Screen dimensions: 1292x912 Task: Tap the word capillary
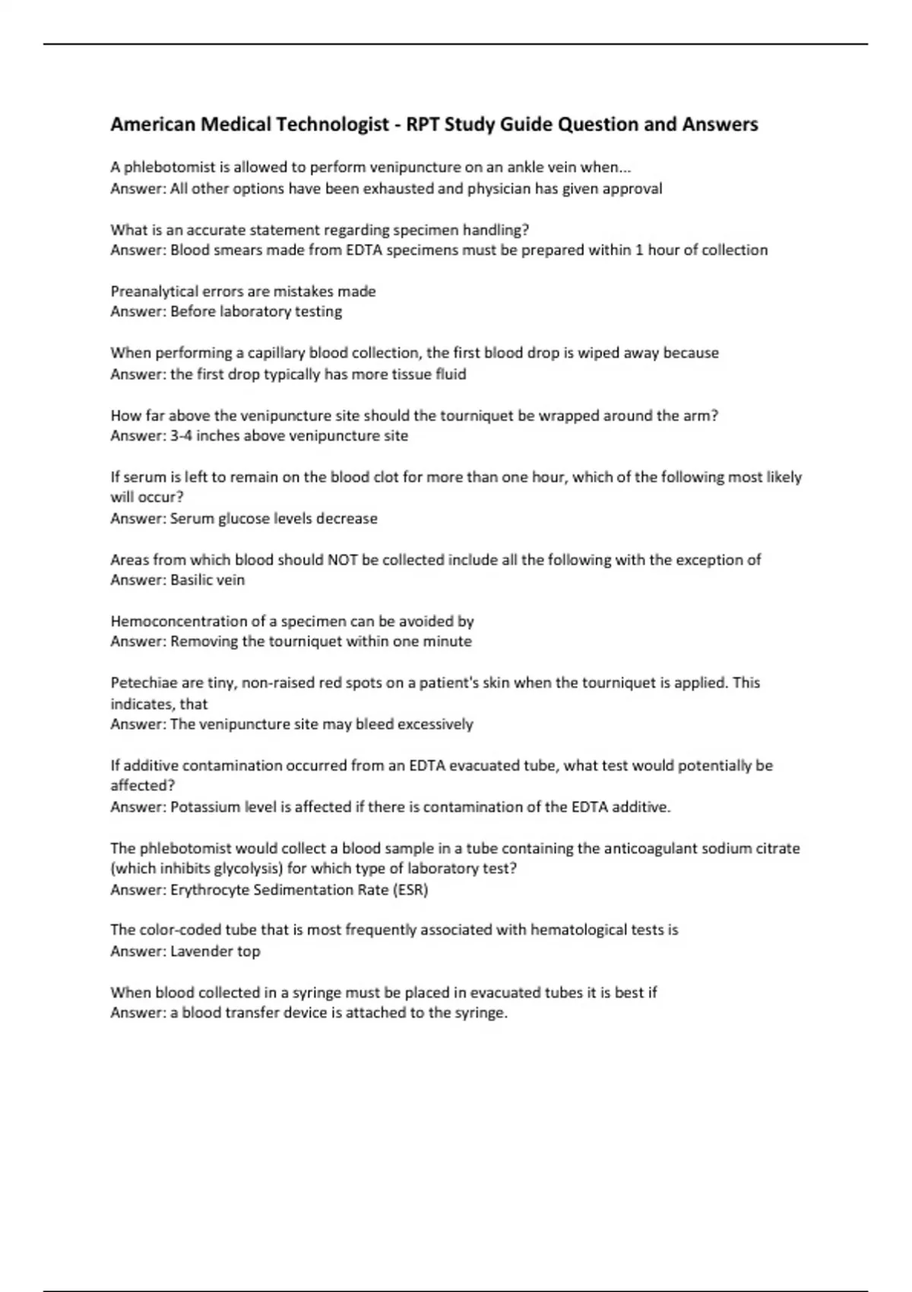coord(276,353)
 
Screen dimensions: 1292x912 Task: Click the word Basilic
coord(193,580)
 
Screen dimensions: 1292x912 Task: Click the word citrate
coord(774,848)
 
